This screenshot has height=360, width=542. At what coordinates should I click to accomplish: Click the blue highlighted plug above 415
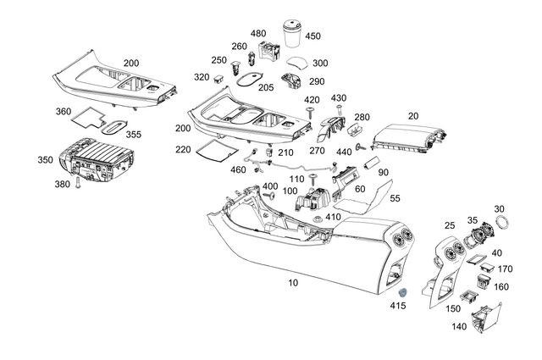(x=403, y=293)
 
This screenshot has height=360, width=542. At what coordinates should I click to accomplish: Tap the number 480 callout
(x=258, y=33)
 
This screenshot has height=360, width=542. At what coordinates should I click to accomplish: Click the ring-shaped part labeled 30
(x=502, y=222)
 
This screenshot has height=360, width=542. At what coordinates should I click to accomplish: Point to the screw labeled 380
(x=77, y=182)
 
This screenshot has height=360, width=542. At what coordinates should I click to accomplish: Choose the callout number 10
(x=293, y=283)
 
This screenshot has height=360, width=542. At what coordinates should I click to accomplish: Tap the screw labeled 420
(x=310, y=113)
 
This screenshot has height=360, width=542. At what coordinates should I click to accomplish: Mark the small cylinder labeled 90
(x=372, y=163)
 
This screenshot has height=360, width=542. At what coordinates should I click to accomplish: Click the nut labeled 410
(x=317, y=219)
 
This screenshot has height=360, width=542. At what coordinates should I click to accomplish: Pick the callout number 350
(x=45, y=160)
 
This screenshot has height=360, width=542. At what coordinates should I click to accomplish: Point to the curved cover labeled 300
(x=297, y=63)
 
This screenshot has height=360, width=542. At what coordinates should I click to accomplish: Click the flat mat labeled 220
(x=218, y=151)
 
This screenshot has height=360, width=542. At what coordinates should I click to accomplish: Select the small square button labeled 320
(x=219, y=79)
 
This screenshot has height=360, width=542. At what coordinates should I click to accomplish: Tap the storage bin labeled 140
(x=486, y=318)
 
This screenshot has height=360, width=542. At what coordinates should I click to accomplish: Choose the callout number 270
(x=317, y=151)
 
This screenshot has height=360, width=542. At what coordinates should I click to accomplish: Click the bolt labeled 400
(x=270, y=196)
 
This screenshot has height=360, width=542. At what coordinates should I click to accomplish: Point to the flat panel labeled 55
(x=365, y=198)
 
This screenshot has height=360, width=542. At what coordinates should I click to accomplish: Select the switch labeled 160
(x=484, y=281)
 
